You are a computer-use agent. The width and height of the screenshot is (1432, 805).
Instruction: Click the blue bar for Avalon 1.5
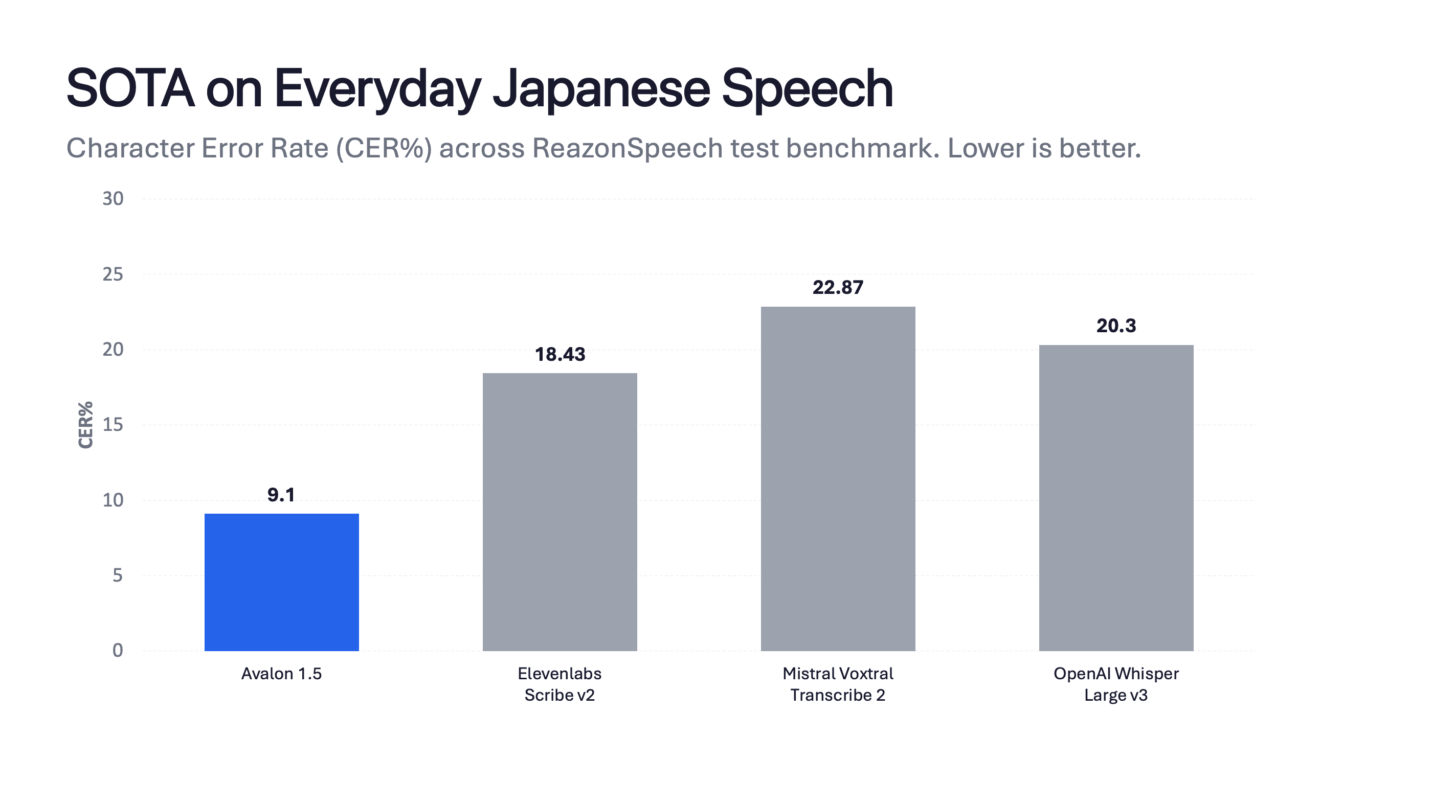point(281,582)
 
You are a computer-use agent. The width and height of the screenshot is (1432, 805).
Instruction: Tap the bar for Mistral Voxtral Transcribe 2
point(838,478)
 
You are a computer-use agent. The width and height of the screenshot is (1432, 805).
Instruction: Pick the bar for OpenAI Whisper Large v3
point(1116,497)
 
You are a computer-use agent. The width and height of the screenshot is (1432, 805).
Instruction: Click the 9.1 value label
point(281,494)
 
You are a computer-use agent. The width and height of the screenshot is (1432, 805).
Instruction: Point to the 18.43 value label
point(560,354)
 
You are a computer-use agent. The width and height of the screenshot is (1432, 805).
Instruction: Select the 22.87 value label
point(838,287)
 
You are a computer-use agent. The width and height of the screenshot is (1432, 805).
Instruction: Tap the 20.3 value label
point(1116,326)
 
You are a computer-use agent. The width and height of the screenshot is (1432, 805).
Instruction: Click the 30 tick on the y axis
point(113,199)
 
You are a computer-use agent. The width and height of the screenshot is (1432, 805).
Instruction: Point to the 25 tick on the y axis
point(113,274)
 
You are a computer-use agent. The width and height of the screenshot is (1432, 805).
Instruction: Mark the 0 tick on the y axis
point(117,651)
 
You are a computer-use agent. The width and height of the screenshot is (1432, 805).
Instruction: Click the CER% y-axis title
point(85,425)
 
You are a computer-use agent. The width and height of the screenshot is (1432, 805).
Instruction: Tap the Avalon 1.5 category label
point(281,674)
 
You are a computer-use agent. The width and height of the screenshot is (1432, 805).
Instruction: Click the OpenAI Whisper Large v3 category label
point(1116,684)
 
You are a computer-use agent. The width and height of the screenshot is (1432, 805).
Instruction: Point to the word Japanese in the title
point(601,88)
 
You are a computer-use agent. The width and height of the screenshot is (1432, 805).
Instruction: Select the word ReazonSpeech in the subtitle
point(627,148)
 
